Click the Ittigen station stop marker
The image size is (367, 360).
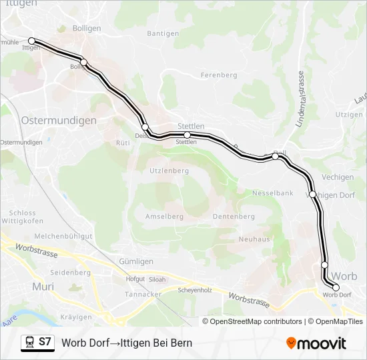pyautogui.click(x=31, y=41)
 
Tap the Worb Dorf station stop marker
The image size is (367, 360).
pyautogui.click(x=336, y=288)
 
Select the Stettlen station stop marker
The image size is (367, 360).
pyautogui.click(x=187, y=135)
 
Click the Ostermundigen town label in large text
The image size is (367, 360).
pyautogui.click(x=59, y=121)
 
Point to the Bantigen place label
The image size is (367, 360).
pyautogui.click(x=163, y=33)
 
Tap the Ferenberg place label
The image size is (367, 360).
pyautogui.click(x=219, y=75)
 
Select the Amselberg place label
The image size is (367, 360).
pyautogui.click(x=164, y=217)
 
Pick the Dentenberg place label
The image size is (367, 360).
pyautogui.click(x=234, y=217)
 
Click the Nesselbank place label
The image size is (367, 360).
pyautogui.click(x=272, y=193)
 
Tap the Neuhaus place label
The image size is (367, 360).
pyautogui.click(x=254, y=239)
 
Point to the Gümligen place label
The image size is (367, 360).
pyautogui.click(x=136, y=261)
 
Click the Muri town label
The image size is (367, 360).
pyautogui.click(x=43, y=287)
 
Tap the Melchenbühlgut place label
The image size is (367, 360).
pyautogui.click(x=63, y=236)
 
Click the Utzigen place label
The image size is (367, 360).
pyautogui.click(x=349, y=115)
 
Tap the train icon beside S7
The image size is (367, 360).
pyautogui.click(x=29, y=342)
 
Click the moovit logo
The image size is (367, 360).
pyautogui.click(x=316, y=343)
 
